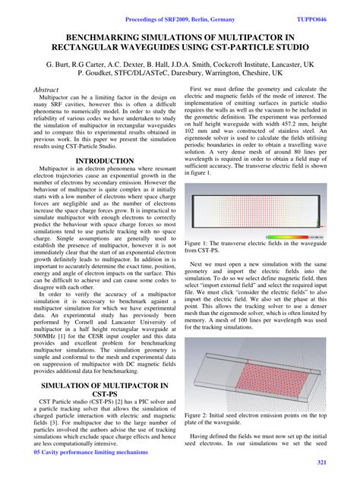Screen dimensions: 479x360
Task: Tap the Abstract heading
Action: (x=47, y=90)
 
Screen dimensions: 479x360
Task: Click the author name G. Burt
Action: (x=58, y=65)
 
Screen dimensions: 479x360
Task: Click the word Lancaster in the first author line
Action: (x=287, y=65)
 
